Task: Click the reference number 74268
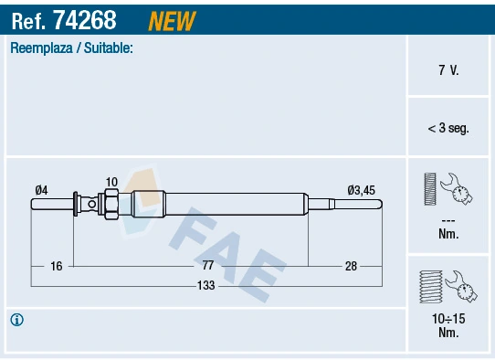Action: (x=85, y=17)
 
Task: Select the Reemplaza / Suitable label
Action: (x=71, y=48)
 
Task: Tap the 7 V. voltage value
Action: (x=448, y=69)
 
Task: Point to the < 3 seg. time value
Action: (x=448, y=128)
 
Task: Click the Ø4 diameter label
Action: (x=41, y=190)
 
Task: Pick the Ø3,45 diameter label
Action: (x=361, y=190)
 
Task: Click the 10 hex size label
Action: (x=111, y=182)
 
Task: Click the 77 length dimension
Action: (x=208, y=265)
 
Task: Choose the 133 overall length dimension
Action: (x=206, y=286)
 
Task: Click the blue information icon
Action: (x=17, y=320)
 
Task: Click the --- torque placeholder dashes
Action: (x=448, y=220)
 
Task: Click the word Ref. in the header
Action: (x=27, y=17)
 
